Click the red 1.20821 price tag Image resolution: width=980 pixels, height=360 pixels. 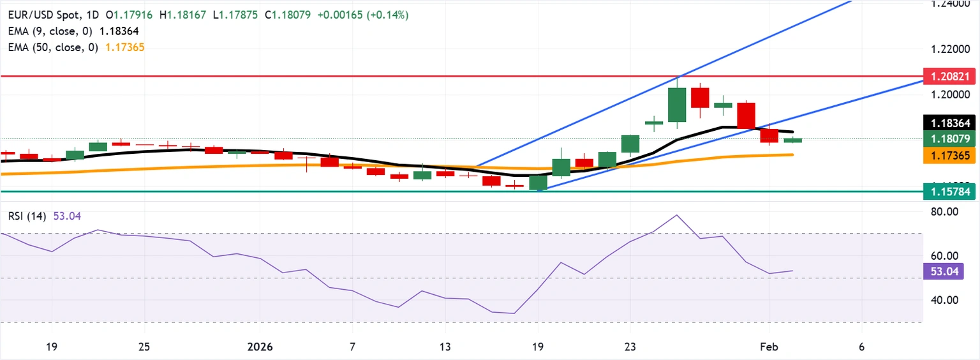pos(949,77)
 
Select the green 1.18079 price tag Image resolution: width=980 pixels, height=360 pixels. pos(949,139)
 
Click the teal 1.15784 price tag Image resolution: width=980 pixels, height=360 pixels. pos(949,191)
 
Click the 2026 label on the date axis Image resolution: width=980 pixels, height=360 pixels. pos(260,347)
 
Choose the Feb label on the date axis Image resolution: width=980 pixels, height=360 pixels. pos(769,347)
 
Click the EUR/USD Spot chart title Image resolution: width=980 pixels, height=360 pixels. pos(42,15)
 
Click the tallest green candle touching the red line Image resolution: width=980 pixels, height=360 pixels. pos(677,104)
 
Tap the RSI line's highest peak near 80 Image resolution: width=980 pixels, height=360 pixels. pos(677,215)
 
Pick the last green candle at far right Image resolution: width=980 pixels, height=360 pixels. pos(792,140)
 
